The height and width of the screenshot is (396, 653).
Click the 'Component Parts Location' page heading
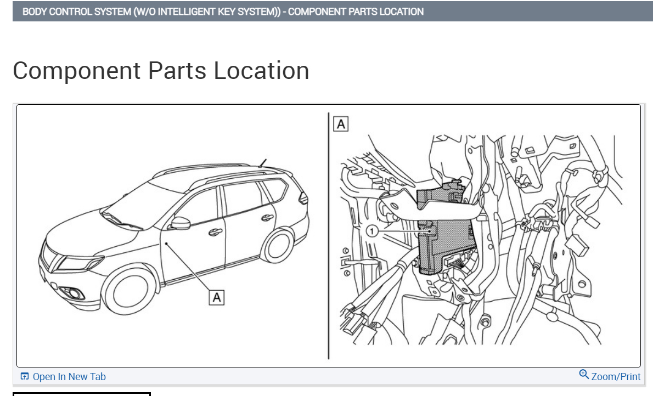161,71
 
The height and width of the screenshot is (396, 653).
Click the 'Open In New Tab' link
69,377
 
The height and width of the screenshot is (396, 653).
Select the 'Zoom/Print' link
616,377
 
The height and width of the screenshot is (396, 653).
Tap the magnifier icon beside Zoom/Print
584,375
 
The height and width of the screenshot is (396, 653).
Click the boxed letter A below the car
217,297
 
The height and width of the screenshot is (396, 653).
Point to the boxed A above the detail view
341,124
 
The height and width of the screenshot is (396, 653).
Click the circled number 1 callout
372,231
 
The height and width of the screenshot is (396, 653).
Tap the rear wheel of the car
278,245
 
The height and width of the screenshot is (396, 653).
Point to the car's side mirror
180,223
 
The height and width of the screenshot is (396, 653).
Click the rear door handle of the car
267,218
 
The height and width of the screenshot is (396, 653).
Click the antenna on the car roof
263,162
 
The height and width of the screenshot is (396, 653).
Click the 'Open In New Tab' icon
25,376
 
